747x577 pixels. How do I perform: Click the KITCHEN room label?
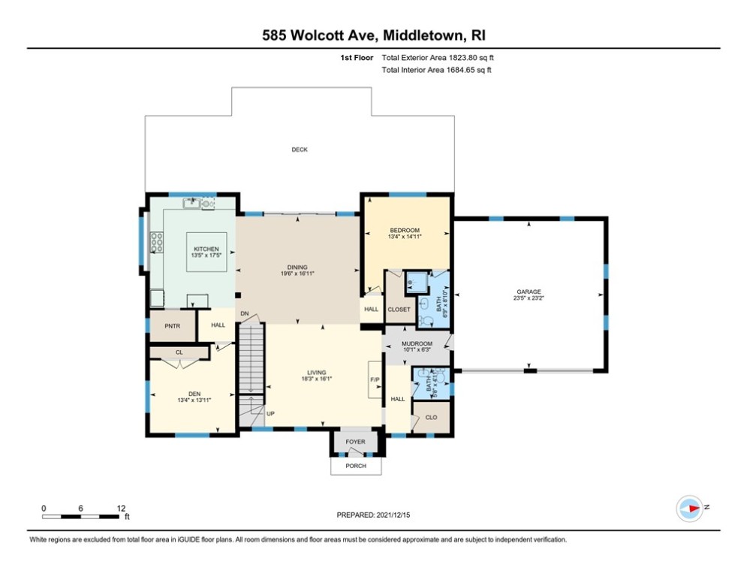(206, 249)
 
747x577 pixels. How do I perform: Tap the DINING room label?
(298, 267)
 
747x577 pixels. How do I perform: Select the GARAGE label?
(528, 292)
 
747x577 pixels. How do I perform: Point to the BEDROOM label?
(405, 230)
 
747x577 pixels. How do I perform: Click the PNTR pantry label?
(172, 326)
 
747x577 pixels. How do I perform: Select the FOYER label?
(355, 442)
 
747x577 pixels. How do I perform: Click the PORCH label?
(356, 467)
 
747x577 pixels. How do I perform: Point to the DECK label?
(300, 150)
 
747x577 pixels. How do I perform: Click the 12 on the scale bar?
(121, 508)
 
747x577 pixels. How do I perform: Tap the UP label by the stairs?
(270, 412)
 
